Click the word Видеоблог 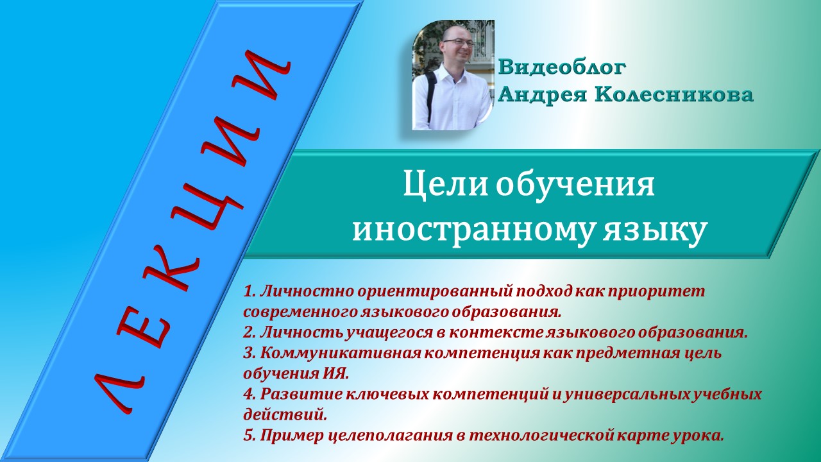[x=561, y=67]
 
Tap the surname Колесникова [x=673, y=95]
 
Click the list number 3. [x=250, y=353]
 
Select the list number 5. [x=250, y=436]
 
